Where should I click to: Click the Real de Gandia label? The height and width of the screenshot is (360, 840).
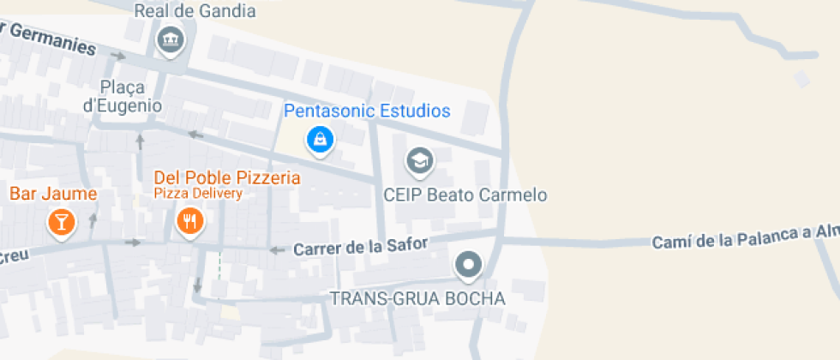[x=195, y=11]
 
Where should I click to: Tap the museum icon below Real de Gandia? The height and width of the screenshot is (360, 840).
[x=170, y=39]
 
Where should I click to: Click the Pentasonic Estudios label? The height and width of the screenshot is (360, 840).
[x=367, y=111]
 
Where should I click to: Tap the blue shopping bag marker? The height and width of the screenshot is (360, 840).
[x=320, y=139]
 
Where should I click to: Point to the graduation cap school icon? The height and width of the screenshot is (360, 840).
[x=419, y=160]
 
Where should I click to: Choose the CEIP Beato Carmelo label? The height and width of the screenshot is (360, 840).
[x=465, y=195]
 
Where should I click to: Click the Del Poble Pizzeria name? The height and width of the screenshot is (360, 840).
[x=227, y=177]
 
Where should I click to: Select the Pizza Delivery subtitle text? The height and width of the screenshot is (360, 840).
[x=198, y=193]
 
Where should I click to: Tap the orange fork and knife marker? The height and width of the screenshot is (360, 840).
[x=189, y=222]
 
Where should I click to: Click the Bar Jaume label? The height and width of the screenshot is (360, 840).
[x=53, y=194]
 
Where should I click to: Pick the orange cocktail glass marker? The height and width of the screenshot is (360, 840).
[x=61, y=222]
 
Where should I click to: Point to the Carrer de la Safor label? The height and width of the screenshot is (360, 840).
[x=360, y=247]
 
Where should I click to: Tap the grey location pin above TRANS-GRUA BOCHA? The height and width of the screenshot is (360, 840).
[x=468, y=266]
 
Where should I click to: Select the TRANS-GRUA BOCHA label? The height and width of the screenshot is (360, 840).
[x=417, y=298]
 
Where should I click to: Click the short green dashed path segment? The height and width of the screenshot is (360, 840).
[x=219, y=265]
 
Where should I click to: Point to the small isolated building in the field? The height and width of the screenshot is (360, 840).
[x=801, y=80]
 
